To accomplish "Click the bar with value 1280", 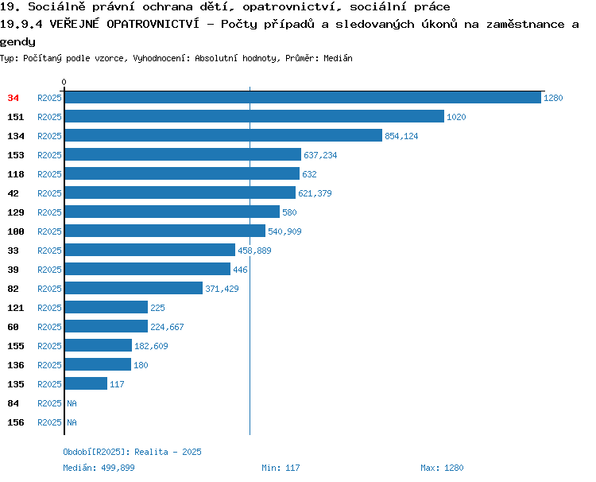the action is click(x=303, y=97).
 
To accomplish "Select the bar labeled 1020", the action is click(x=254, y=116).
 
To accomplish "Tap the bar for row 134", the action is click(x=223, y=135).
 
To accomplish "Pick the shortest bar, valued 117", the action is click(x=87, y=383).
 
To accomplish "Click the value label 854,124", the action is click(x=401, y=136).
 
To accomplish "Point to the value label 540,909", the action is click(x=284, y=231).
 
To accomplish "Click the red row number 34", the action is click(x=13, y=98).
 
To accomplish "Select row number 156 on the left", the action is click(x=16, y=422).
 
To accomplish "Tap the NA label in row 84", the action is click(x=72, y=403).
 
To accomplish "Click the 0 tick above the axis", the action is click(x=64, y=82).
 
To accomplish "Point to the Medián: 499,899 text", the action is click(x=99, y=468).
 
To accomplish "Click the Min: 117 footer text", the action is click(x=281, y=468).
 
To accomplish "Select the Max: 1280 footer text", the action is click(x=442, y=468).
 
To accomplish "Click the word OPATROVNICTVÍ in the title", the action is click(x=153, y=24).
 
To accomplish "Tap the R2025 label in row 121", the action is click(x=49, y=308).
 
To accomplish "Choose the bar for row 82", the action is click(x=134, y=288).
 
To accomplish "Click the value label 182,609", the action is click(x=151, y=346).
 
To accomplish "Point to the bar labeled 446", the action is click(x=148, y=269).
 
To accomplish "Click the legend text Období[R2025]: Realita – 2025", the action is click(x=132, y=452).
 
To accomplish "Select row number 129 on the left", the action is click(x=16, y=212).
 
